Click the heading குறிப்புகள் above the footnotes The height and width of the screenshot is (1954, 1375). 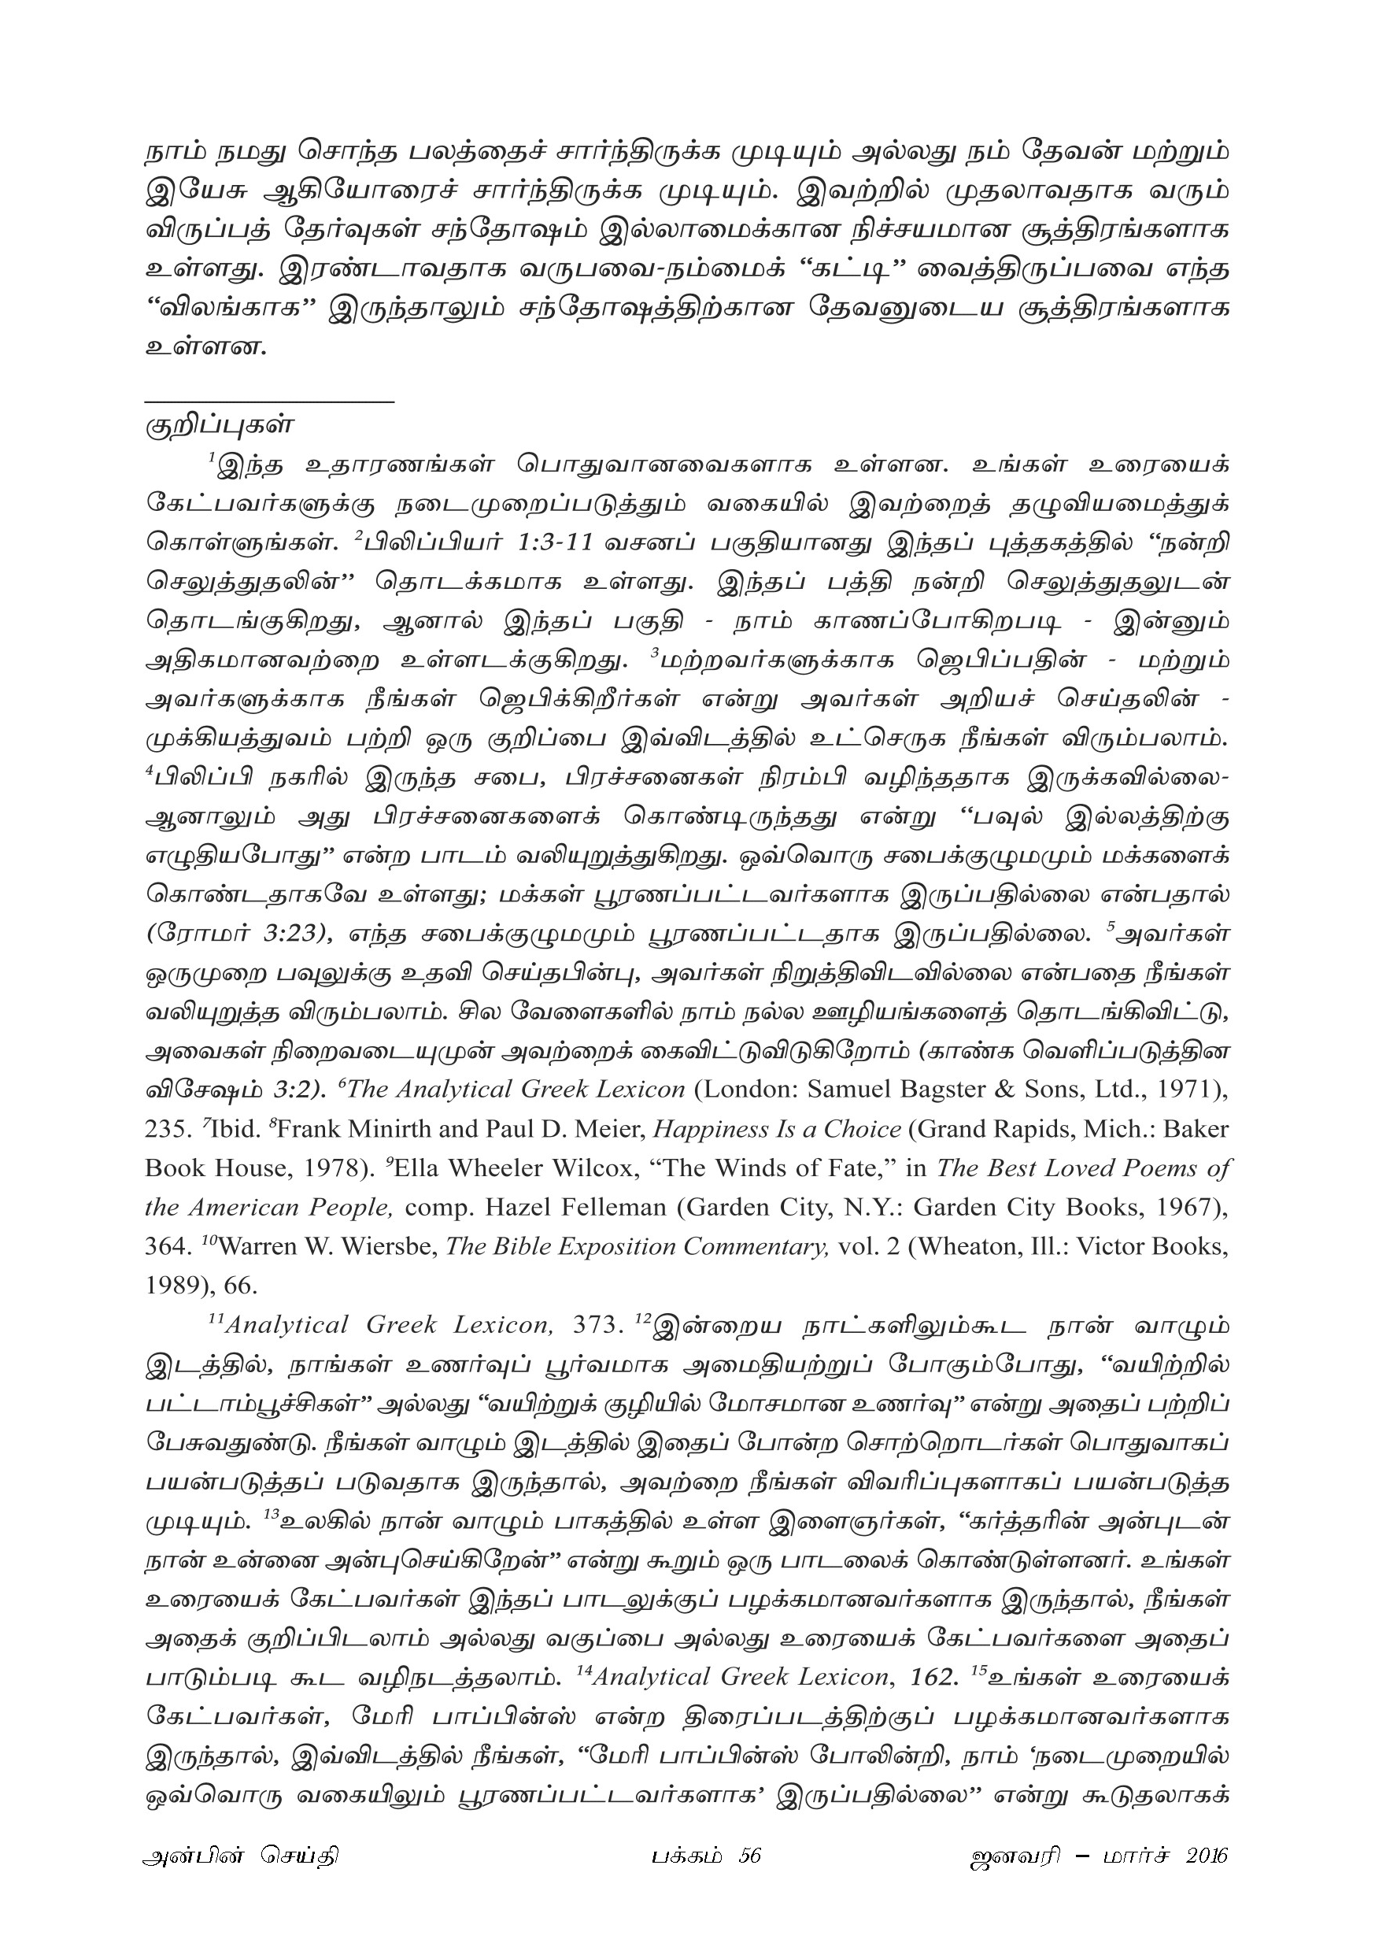[220, 424]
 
